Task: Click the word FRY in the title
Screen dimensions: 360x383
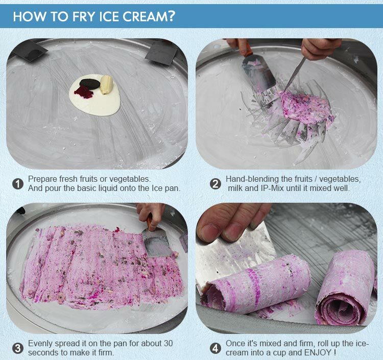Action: [71, 16]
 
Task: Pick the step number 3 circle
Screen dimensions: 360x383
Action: [18, 349]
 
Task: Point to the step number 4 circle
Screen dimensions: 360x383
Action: [216, 349]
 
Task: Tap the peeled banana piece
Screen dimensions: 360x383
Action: [106, 85]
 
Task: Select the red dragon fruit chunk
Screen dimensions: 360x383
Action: [83, 92]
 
